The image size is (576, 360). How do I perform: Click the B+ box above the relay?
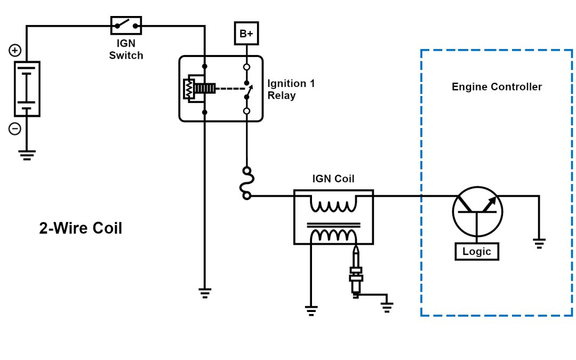[x=246, y=34]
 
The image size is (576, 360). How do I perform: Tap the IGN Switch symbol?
[x=126, y=25]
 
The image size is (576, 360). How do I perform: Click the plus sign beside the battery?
[x=15, y=51]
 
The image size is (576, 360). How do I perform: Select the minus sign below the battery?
[x=15, y=129]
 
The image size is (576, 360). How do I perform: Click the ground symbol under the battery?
[x=27, y=155]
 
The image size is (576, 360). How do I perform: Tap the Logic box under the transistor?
[x=476, y=251]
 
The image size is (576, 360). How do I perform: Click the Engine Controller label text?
[x=497, y=87]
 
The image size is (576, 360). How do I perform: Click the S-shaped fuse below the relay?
[x=246, y=183]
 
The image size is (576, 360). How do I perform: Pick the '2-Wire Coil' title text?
[x=81, y=228]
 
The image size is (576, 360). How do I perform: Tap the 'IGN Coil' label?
[x=333, y=179]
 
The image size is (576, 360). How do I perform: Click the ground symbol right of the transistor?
[x=539, y=244]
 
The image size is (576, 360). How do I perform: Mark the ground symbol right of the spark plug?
[x=387, y=306]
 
